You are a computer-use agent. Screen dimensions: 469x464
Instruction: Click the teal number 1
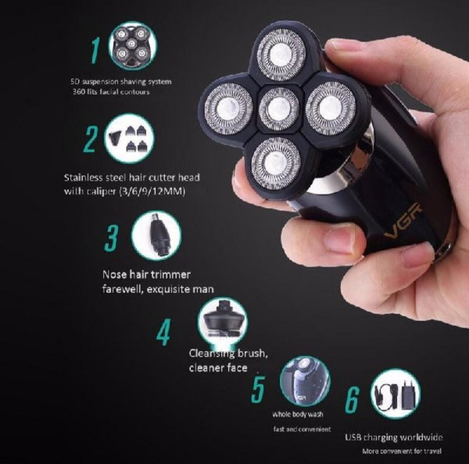point(96,50)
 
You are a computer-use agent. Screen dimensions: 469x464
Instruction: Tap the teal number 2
point(90,139)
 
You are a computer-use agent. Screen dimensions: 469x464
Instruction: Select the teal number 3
point(111,238)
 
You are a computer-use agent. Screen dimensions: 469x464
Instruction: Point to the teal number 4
point(164,332)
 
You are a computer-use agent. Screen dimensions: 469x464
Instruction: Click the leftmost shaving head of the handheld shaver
point(228,109)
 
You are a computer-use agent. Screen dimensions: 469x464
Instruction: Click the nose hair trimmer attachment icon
point(156,236)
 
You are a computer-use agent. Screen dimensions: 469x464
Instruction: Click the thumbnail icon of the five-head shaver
point(132,46)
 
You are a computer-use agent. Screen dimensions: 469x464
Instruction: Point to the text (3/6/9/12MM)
point(152,191)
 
